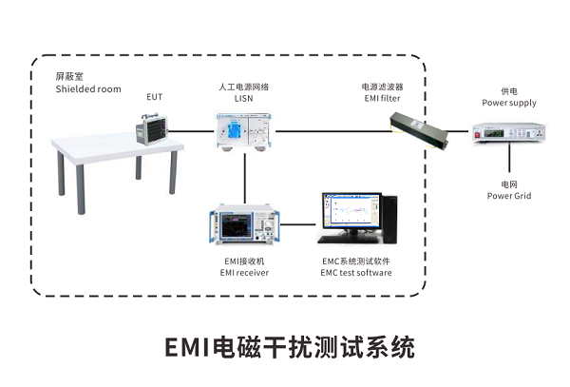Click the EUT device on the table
tap(152, 127)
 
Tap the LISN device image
tap(245, 130)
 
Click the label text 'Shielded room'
tap(88, 89)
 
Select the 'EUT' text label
tap(154, 97)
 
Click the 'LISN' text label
tap(244, 98)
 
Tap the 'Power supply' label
tap(509, 103)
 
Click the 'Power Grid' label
tap(509, 196)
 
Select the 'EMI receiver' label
tap(244, 273)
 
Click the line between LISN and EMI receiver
tap(245, 176)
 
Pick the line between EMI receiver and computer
tap(299, 226)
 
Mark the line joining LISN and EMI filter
tap(332, 131)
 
